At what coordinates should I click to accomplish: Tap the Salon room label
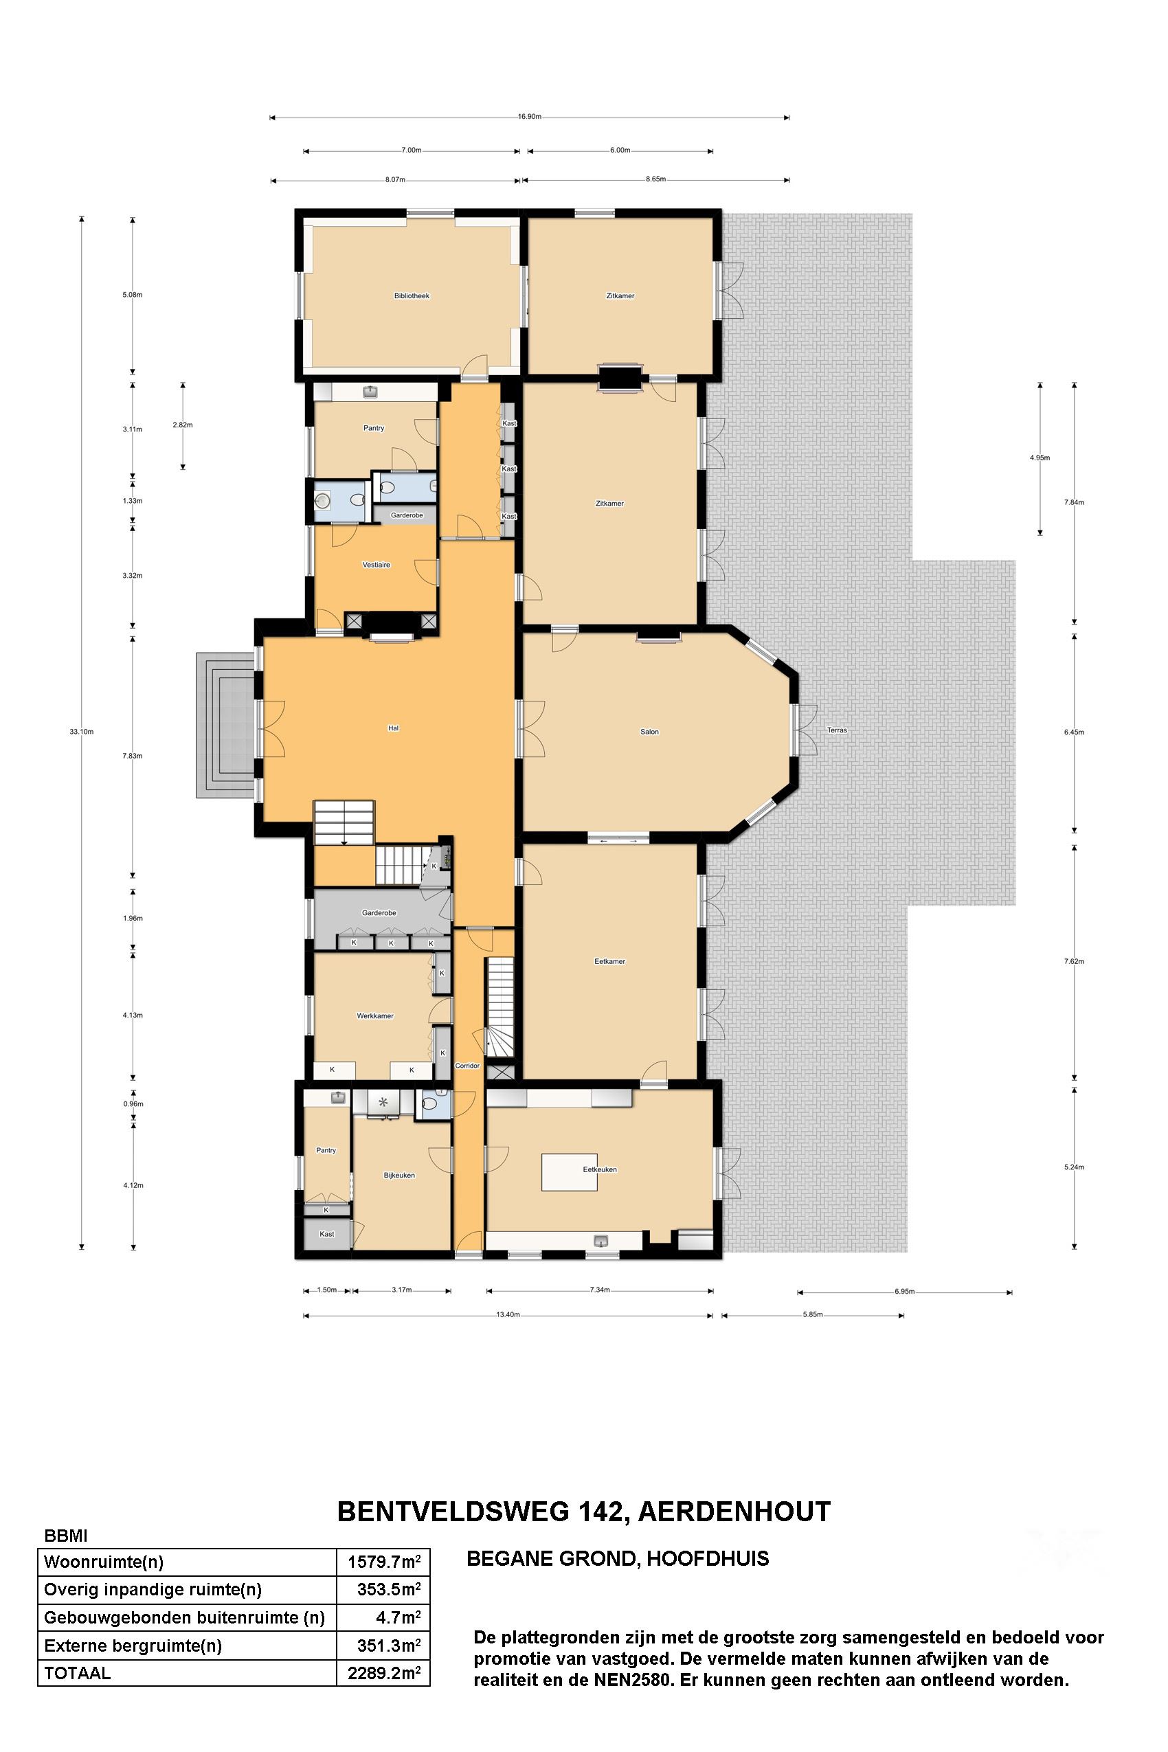click(x=649, y=732)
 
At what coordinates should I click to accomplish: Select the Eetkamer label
click(x=609, y=962)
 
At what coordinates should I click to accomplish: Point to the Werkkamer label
click(x=374, y=1016)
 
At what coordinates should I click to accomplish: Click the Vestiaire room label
click(x=377, y=565)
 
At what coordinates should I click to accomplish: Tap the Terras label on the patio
click(x=838, y=730)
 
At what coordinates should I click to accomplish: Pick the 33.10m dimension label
click(x=82, y=732)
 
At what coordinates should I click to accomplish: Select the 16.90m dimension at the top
click(x=529, y=117)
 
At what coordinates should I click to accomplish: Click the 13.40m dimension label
click(x=507, y=1315)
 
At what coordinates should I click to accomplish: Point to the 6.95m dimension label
click(x=904, y=1292)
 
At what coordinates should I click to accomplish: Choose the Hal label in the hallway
click(x=393, y=728)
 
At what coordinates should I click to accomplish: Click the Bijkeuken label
click(x=399, y=1176)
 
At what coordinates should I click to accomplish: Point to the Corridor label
click(x=467, y=1066)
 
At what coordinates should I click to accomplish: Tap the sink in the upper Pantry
click(x=371, y=390)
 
